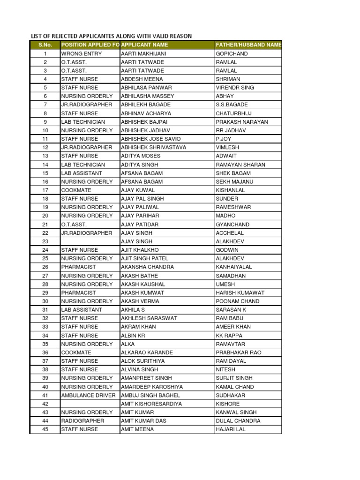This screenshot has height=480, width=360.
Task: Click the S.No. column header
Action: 45,45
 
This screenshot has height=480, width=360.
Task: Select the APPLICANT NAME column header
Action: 144,45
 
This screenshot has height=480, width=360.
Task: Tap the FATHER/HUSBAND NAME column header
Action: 248,45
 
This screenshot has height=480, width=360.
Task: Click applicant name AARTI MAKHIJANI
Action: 143,53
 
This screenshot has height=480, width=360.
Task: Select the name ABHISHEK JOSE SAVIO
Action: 150,139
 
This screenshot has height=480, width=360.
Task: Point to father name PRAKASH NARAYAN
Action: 242,122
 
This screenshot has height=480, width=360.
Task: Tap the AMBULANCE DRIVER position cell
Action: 88,395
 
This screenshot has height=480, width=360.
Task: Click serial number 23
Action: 45,241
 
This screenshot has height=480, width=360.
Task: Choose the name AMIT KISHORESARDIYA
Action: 151,404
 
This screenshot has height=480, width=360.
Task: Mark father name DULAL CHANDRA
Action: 238,420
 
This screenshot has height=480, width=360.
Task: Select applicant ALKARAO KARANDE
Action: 147,352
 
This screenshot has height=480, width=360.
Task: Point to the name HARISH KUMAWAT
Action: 240,292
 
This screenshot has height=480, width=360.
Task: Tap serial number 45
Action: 45,429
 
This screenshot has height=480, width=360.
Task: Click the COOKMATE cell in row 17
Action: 76,190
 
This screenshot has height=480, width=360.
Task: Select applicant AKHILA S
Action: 133,309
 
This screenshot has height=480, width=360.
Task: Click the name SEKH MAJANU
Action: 234,181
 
